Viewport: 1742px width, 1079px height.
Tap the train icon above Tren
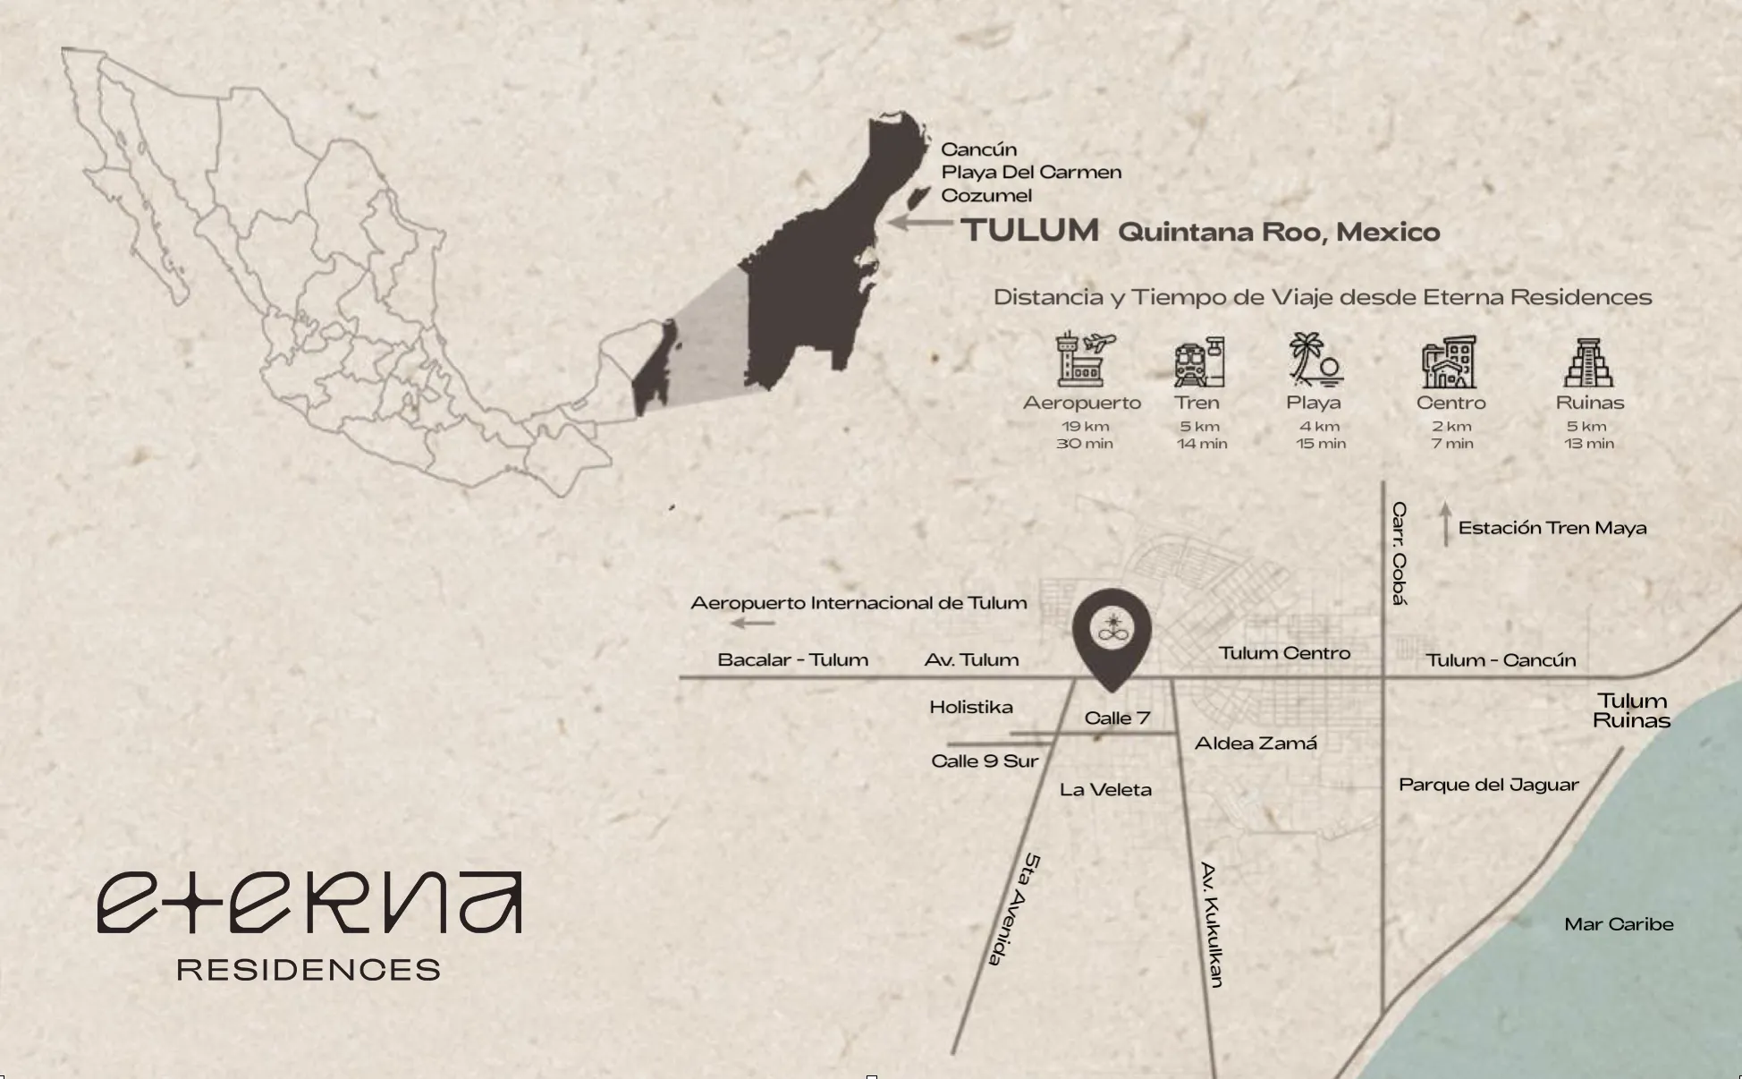click(x=1199, y=362)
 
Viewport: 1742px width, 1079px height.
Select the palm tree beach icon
click(x=1314, y=360)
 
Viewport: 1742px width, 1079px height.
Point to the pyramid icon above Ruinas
click(x=1589, y=362)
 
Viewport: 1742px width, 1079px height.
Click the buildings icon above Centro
click(x=1450, y=362)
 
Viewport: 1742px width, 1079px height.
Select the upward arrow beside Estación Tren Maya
click(x=1445, y=524)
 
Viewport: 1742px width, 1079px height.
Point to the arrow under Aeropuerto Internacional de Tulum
click(x=752, y=623)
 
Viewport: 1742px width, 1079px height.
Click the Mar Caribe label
click(x=1619, y=924)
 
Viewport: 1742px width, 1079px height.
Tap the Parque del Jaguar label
click(x=1488, y=785)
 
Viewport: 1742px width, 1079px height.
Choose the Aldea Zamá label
click(x=1256, y=743)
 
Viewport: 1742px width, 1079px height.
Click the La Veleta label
click(x=1105, y=789)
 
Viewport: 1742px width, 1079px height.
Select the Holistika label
click(x=971, y=707)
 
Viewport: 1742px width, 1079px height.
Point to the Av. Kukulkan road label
click(x=1212, y=924)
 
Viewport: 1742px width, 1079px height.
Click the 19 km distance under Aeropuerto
click(x=1085, y=427)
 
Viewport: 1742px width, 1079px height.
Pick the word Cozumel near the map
click(x=986, y=195)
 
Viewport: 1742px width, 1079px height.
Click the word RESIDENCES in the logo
click(x=309, y=970)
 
